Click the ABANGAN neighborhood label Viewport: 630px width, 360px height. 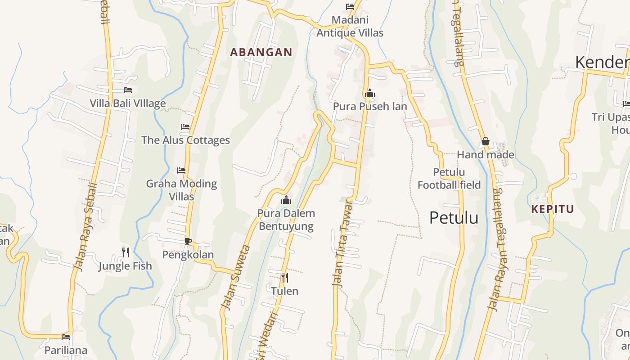pos(261,52)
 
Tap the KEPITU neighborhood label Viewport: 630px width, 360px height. pos(553,209)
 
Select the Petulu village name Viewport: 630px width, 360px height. pos(454,218)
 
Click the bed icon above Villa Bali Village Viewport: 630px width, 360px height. pos(128,90)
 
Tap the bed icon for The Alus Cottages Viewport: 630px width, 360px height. pos(185,127)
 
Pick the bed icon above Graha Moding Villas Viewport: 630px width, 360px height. pos(181,171)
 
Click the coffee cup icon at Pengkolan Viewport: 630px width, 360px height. pos(188,241)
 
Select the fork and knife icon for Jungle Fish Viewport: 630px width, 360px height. pos(126,252)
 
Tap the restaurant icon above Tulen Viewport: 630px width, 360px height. pos(284,277)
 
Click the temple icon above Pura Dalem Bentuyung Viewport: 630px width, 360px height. pos(286,200)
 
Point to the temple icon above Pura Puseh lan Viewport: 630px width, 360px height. pos(370,93)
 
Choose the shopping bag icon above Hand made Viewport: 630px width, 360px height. pos(486,141)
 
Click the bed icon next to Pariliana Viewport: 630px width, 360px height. pos(66,337)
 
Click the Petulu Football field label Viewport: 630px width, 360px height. pos(449,179)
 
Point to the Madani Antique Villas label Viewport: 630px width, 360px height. pos(350,26)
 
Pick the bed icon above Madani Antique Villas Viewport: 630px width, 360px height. pos(350,7)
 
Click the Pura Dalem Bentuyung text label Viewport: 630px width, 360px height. pos(286,220)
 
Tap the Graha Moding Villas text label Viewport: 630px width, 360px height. pos(181,190)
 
